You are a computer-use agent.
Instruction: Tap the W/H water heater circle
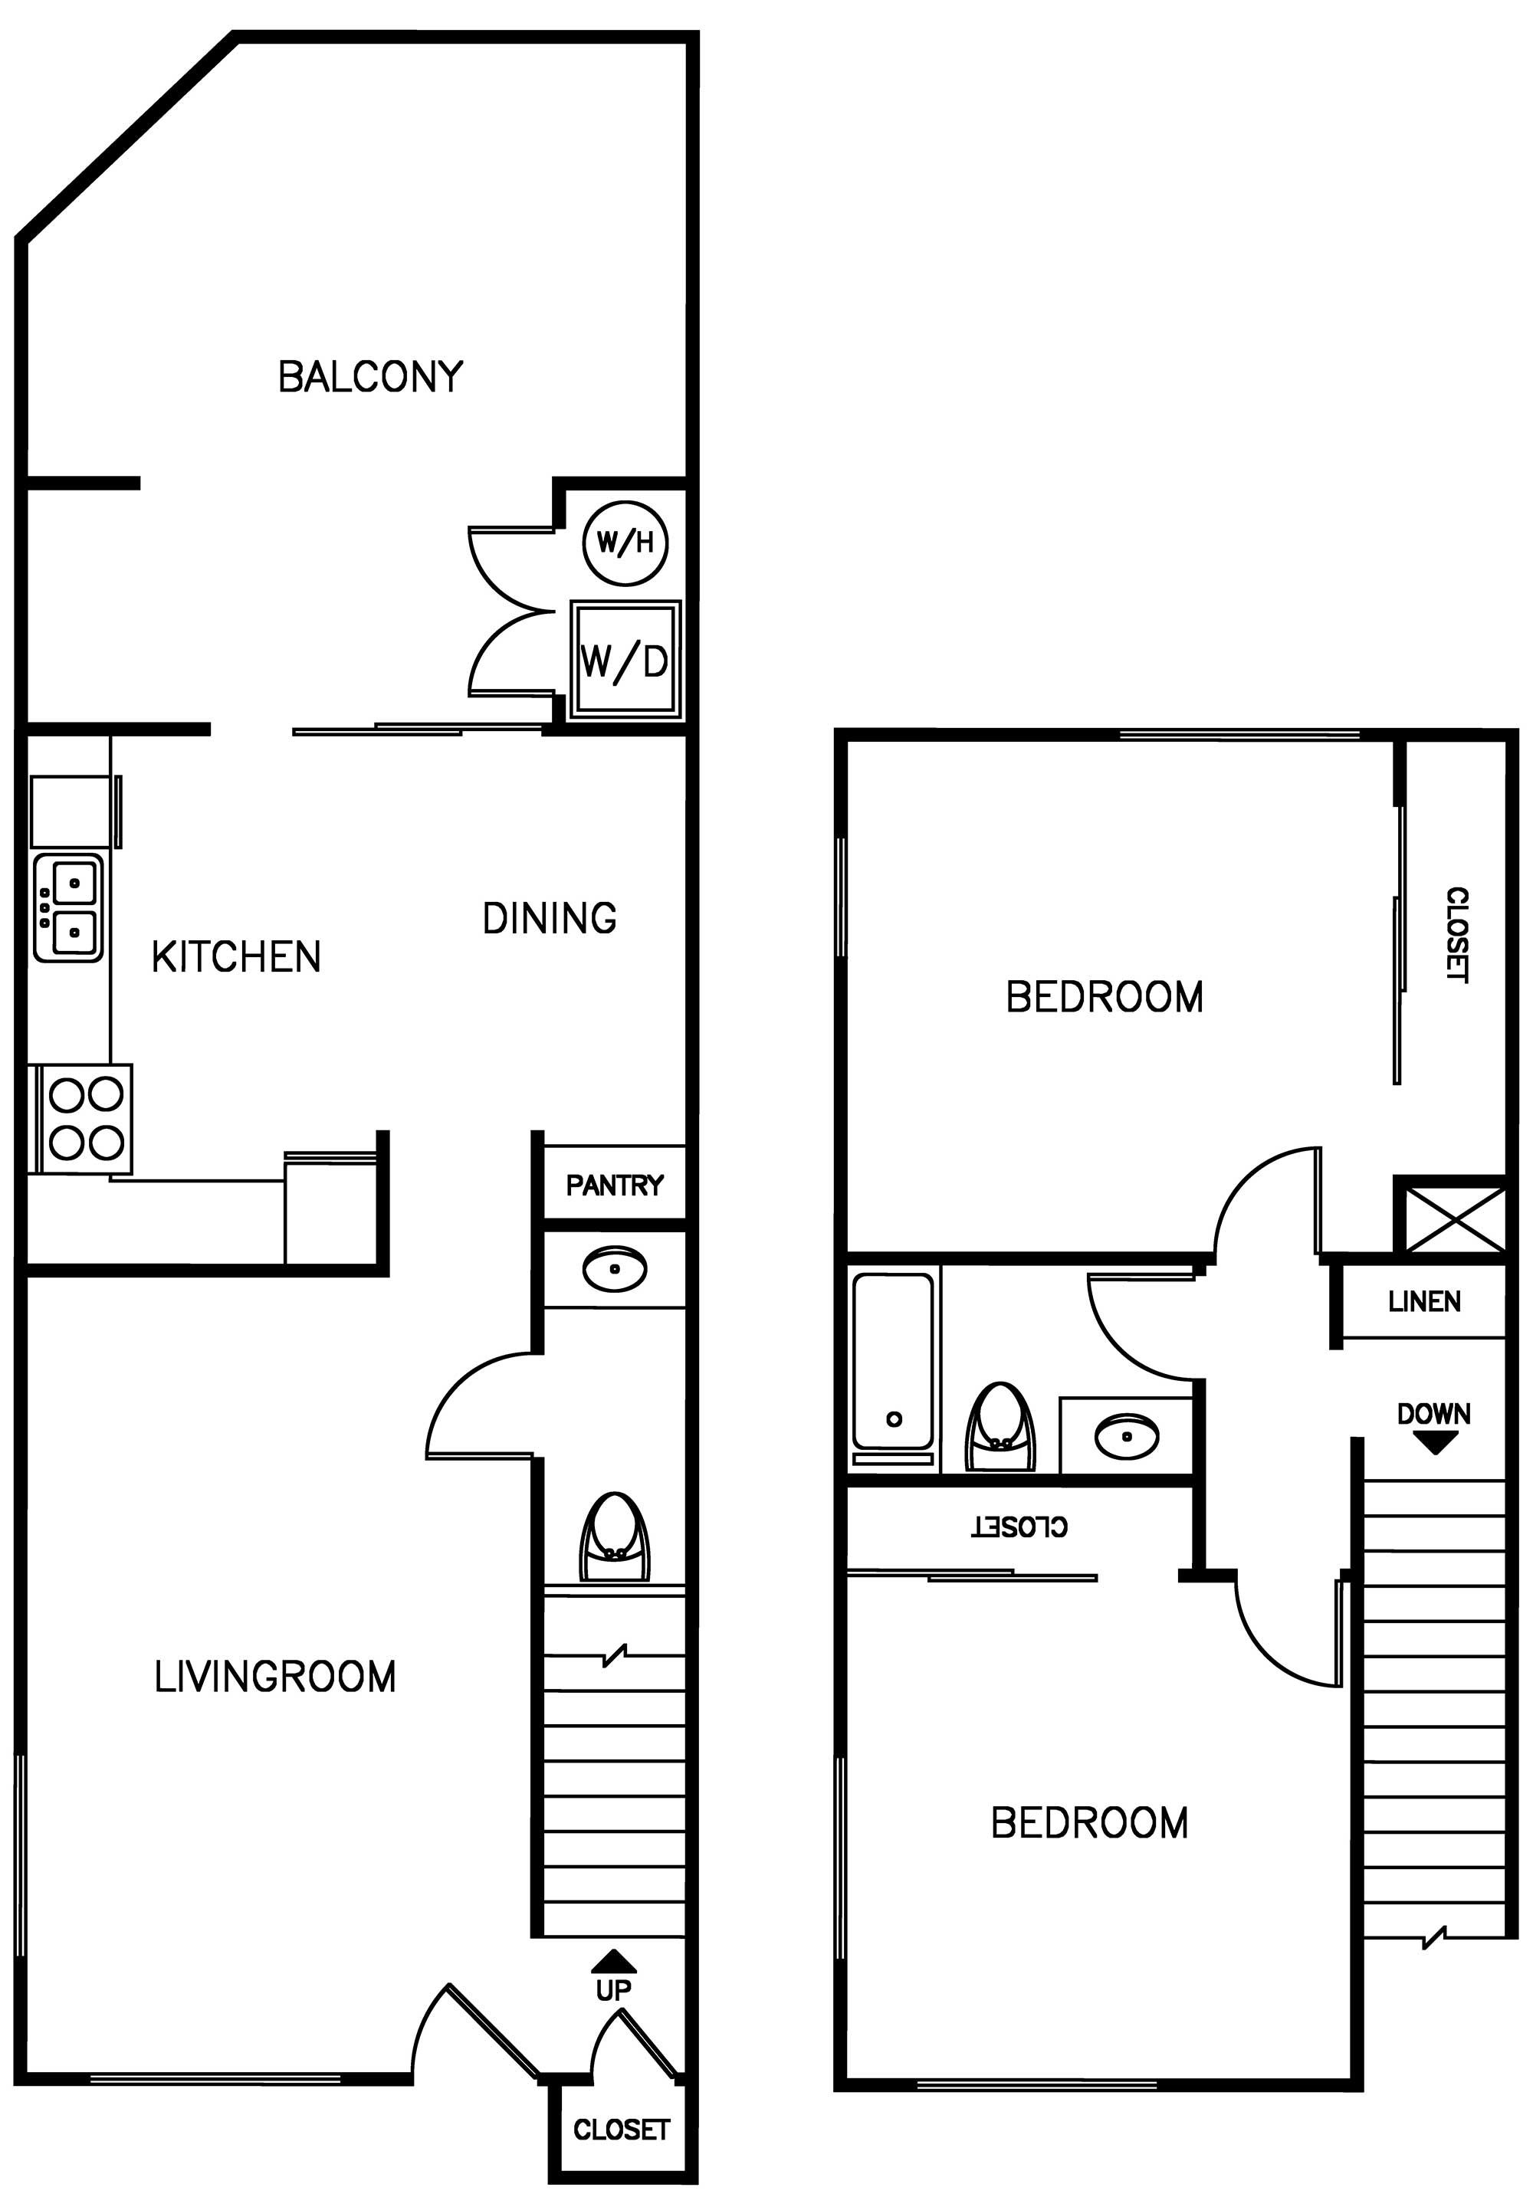pos(625,543)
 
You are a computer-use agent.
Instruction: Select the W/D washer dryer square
pos(625,661)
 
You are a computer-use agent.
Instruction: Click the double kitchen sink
pos(68,907)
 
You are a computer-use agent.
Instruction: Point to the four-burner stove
pos(86,1119)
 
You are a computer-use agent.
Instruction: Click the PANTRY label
pos(614,1186)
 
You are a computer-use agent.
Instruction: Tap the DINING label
pos(550,918)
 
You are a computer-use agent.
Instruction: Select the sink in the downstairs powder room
pos(615,1270)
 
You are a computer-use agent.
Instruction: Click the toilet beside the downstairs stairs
pos(615,1536)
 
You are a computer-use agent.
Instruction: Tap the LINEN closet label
pos(1423,1301)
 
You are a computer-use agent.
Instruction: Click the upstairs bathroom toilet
pos(1000,1427)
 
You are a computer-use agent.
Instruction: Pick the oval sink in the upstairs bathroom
pos(1127,1438)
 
